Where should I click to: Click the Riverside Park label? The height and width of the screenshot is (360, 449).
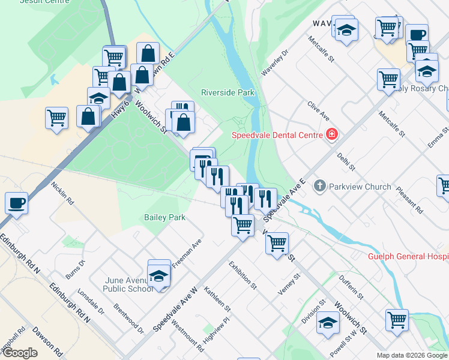coord(228,92)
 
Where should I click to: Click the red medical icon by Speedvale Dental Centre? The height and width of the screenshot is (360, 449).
coord(330,134)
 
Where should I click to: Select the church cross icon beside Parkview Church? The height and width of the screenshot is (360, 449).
coord(320,186)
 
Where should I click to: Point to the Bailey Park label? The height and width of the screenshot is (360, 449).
coord(164,217)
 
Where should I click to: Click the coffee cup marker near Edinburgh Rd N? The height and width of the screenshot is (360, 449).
coord(16,202)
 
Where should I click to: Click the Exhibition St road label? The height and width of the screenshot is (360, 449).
coord(243,275)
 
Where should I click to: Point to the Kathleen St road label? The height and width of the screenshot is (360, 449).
coord(217,299)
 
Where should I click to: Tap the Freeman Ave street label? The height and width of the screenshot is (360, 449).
coord(187,255)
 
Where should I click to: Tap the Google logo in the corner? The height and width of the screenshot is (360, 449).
coord(20,353)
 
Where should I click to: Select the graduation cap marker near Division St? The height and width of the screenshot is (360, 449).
coord(328,323)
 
